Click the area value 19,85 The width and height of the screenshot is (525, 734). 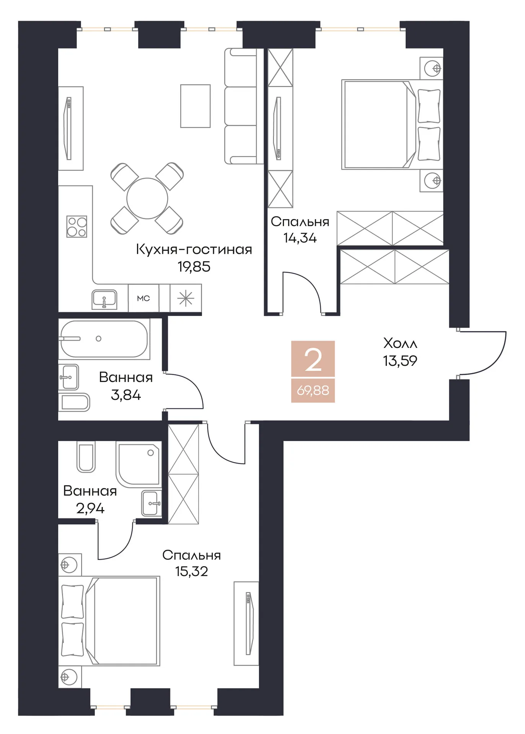pyautogui.click(x=194, y=266)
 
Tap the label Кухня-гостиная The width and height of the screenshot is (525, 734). pyautogui.click(x=194, y=249)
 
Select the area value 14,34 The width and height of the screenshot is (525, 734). pyautogui.click(x=300, y=238)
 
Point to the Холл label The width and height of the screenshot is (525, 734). pyautogui.click(x=400, y=343)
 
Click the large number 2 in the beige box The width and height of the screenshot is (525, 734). pyautogui.click(x=313, y=360)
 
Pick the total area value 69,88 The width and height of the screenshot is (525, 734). pyautogui.click(x=313, y=390)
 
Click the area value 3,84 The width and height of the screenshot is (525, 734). pyautogui.click(x=126, y=395)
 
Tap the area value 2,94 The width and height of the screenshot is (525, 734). pyautogui.click(x=90, y=508)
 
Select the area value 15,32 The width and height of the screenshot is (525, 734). pyautogui.click(x=192, y=571)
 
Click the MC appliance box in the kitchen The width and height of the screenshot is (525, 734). pyautogui.click(x=143, y=298)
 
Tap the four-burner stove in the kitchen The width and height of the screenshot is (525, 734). pyautogui.click(x=77, y=227)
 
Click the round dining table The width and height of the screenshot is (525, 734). pyautogui.click(x=147, y=199)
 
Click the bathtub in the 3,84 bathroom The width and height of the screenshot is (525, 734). pyautogui.click(x=104, y=339)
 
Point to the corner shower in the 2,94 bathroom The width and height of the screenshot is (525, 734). pyautogui.click(x=138, y=464)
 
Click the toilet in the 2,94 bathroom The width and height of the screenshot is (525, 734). pyautogui.click(x=86, y=456)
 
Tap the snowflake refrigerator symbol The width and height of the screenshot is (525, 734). pyautogui.click(x=186, y=298)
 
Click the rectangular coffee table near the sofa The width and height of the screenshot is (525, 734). pyautogui.click(x=196, y=106)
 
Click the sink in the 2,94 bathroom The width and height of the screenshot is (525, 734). pyautogui.click(x=152, y=503)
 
